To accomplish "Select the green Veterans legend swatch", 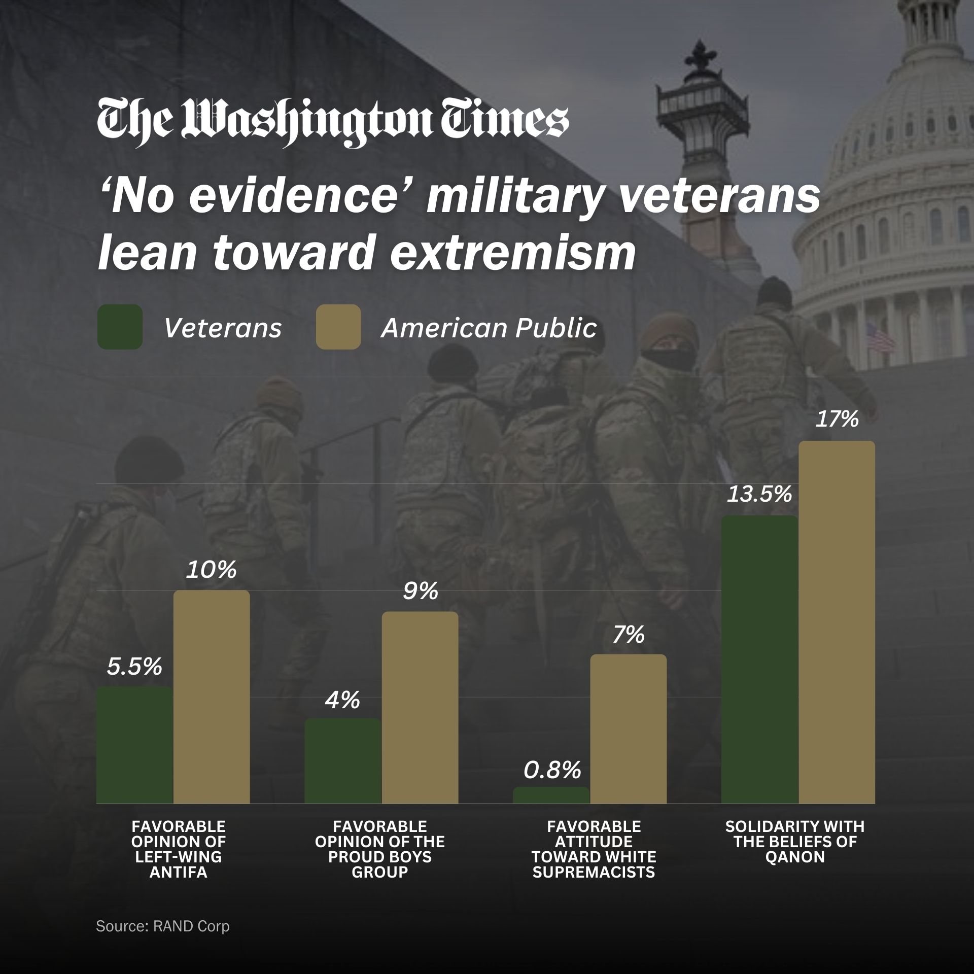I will pyautogui.click(x=120, y=327).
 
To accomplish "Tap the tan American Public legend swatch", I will pyautogui.click(x=338, y=327).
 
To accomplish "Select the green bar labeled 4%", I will pyautogui.click(x=342, y=760).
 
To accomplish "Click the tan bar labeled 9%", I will pyautogui.click(x=420, y=707).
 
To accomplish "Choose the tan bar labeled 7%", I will pyautogui.click(x=629, y=728).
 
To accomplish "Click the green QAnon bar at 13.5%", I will pyautogui.click(x=759, y=659).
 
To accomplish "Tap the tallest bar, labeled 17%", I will pyautogui.click(x=837, y=622).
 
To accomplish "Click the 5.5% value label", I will pyautogui.click(x=134, y=667).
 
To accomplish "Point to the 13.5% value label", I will pyautogui.click(x=759, y=494).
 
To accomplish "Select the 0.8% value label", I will pyautogui.click(x=552, y=771).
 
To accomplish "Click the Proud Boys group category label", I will pyautogui.click(x=379, y=857).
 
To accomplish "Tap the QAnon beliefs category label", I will pyautogui.click(x=795, y=849).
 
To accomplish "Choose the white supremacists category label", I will pyautogui.click(x=594, y=857).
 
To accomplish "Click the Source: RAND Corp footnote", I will pyautogui.click(x=163, y=926).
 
